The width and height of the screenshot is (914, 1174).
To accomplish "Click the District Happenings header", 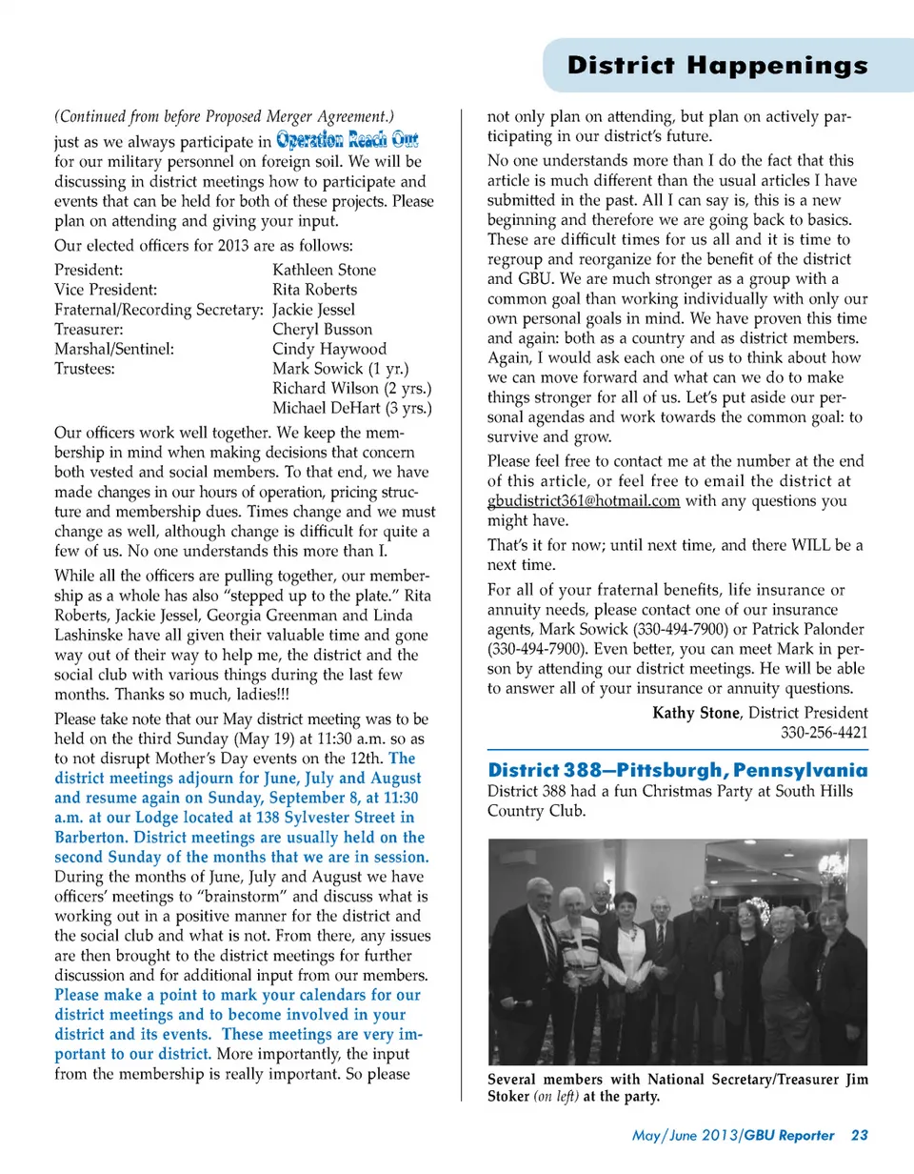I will pos(717,66).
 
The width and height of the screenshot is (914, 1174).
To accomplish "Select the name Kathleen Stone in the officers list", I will pos(324,270).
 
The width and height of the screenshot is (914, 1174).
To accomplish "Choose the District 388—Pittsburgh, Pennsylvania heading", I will pos(677,769).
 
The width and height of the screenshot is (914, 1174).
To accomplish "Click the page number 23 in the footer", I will pos(860,1135).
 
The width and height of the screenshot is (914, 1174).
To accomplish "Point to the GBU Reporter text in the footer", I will pos(790,1135).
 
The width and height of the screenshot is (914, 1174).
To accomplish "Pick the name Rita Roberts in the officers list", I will pos(314,290).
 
